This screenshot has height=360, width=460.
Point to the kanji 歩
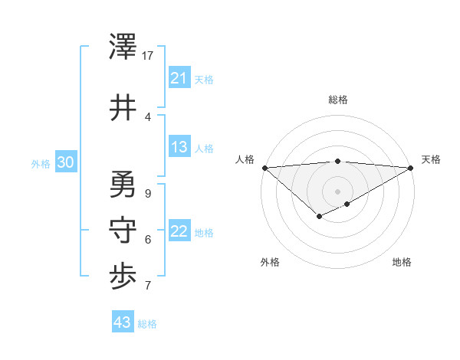123,277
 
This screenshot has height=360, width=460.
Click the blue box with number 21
179,78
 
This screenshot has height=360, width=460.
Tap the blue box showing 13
179,148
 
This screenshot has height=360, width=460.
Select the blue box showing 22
179,232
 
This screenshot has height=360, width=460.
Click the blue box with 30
65,162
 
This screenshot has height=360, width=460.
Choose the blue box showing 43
123,322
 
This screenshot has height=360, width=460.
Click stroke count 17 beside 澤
148,56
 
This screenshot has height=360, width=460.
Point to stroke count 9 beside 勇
147,194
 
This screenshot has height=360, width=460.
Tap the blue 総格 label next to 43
147,324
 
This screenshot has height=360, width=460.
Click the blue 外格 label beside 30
41,163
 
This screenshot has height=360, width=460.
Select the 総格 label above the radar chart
337,100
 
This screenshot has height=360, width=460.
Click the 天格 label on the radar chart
431,159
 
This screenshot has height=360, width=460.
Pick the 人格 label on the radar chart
245,159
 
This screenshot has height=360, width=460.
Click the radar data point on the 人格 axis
264,167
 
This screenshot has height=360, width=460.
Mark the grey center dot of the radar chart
337,191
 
